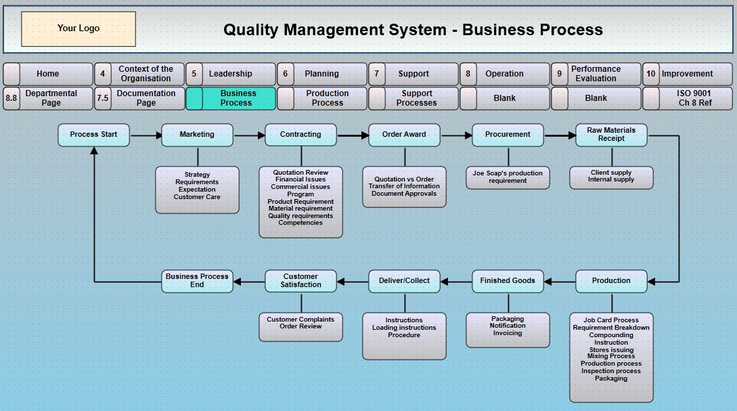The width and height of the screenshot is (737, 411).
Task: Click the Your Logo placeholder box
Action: point(79,28)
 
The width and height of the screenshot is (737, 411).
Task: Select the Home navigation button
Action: point(48,74)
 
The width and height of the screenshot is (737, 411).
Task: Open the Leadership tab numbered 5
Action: point(230,74)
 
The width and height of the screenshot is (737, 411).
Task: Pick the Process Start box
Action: point(93,135)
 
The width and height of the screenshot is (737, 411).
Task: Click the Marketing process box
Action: point(197,135)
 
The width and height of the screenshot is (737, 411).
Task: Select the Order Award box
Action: point(404,135)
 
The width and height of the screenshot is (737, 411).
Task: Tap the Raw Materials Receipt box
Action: point(611,135)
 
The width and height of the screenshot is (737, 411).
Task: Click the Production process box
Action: point(611,281)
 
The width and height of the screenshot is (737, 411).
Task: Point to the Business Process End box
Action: point(197,281)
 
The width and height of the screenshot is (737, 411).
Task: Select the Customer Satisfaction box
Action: point(300,281)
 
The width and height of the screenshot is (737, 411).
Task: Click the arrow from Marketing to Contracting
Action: point(249,135)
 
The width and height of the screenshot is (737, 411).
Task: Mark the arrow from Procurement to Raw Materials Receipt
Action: point(560,135)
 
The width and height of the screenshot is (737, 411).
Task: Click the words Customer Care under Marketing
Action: point(197,197)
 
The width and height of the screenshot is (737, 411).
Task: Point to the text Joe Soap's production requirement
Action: point(508,177)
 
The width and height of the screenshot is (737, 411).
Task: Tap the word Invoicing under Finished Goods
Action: point(508,333)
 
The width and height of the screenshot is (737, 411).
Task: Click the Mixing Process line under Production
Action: point(611,356)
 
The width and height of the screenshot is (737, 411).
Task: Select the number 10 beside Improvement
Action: point(651,74)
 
